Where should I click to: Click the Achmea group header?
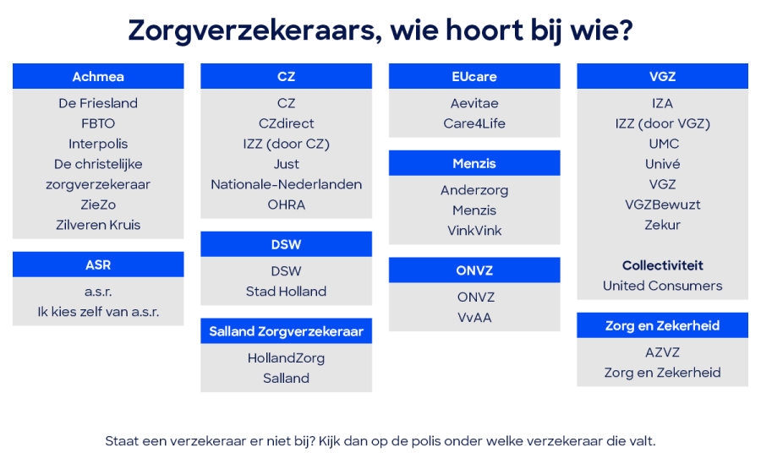pyautogui.click(x=98, y=76)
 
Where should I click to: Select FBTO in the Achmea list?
pyautogui.click(x=98, y=123)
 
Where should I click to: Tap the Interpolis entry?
pyautogui.click(x=98, y=144)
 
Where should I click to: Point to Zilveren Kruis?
pyautogui.click(x=98, y=225)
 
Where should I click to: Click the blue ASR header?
pyautogui.click(x=98, y=264)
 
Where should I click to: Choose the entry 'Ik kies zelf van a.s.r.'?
pyautogui.click(x=98, y=311)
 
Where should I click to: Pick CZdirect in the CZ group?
pyautogui.click(x=286, y=123)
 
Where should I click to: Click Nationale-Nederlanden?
pyautogui.click(x=286, y=184)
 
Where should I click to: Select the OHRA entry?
pyautogui.click(x=286, y=205)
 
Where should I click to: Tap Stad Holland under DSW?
pyautogui.click(x=286, y=292)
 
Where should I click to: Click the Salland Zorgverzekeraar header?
pyautogui.click(x=286, y=331)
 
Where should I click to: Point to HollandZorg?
pyautogui.click(x=286, y=358)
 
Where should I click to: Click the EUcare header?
pyautogui.click(x=474, y=76)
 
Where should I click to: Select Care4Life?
pyautogui.click(x=474, y=123)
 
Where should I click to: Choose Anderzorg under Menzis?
pyautogui.click(x=474, y=190)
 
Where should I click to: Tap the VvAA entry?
pyautogui.click(x=474, y=318)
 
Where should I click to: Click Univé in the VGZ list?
pyautogui.click(x=663, y=164)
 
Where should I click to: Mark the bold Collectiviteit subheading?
pyautogui.click(x=663, y=265)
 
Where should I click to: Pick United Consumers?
pyautogui.click(x=663, y=286)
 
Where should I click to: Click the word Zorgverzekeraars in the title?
pyautogui.click(x=247, y=30)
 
